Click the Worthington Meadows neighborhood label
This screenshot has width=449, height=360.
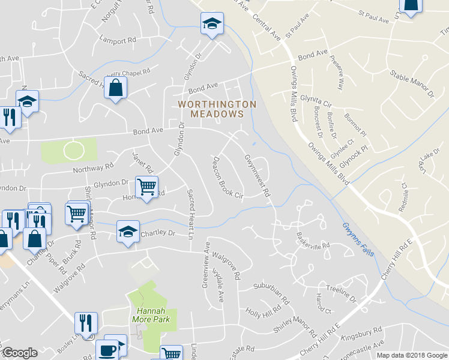tap(217, 109)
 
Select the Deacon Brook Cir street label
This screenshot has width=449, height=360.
tap(228, 178)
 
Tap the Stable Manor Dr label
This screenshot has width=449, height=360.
tap(412, 85)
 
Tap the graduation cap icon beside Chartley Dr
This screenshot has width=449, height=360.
tap(128, 232)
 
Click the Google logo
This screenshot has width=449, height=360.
tap(20, 353)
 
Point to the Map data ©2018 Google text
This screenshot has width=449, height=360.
tap(412, 355)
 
